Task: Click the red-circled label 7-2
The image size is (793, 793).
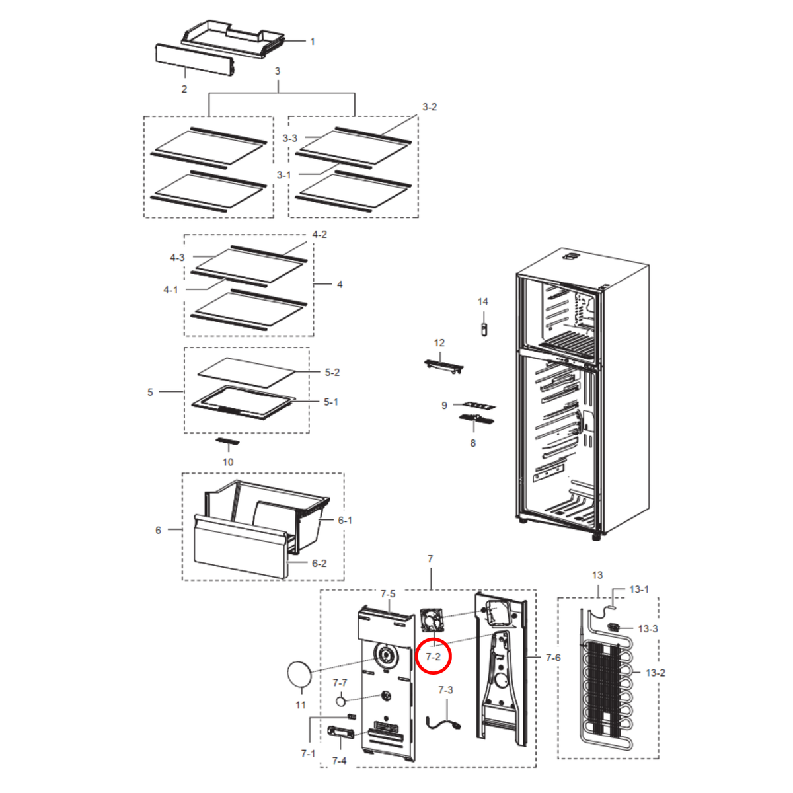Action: click(x=433, y=657)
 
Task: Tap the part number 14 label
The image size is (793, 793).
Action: click(x=482, y=301)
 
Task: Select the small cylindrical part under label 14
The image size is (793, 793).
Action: click(x=484, y=330)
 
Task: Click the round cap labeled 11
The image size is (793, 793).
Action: click(x=299, y=674)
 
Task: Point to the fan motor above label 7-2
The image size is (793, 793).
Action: click(x=432, y=621)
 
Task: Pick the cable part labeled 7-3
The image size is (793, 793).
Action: click(x=444, y=724)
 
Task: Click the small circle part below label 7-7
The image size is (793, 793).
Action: click(x=341, y=701)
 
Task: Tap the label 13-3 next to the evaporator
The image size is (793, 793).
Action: click(x=648, y=629)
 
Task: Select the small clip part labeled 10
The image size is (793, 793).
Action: click(x=227, y=441)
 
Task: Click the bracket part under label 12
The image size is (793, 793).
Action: click(x=443, y=366)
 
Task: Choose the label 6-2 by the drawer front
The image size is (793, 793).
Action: click(x=319, y=564)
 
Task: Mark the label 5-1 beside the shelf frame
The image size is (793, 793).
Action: click(x=331, y=402)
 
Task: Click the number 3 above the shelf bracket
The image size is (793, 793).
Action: click(x=278, y=71)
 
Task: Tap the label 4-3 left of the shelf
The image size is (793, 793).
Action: click(x=177, y=258)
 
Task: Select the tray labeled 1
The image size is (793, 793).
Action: click(x=233, y=39)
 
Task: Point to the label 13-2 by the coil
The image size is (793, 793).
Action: click(x=656, y=673)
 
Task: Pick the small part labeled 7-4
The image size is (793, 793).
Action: click(x=341, y=732)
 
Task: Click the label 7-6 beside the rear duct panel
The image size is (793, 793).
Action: click(x=553, y=658)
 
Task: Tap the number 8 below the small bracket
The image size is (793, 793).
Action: click(x=473, y=443)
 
